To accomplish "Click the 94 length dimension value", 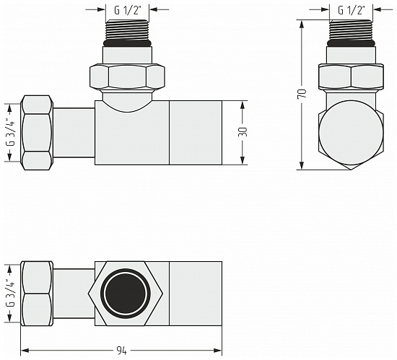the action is pos(121,351).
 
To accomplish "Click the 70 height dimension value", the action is pos(303,93).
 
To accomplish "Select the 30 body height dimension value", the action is pos(243,131).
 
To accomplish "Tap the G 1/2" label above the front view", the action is pos(127,10).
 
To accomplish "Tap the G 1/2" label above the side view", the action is pos(352,10).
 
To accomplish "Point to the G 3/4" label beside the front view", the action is pos(10,132).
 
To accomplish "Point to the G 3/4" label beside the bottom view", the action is pos(10,293).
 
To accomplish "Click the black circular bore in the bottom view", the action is pos(126,294).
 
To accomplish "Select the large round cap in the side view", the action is pos(351,133).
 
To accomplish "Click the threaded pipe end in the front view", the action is pos(127,30).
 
